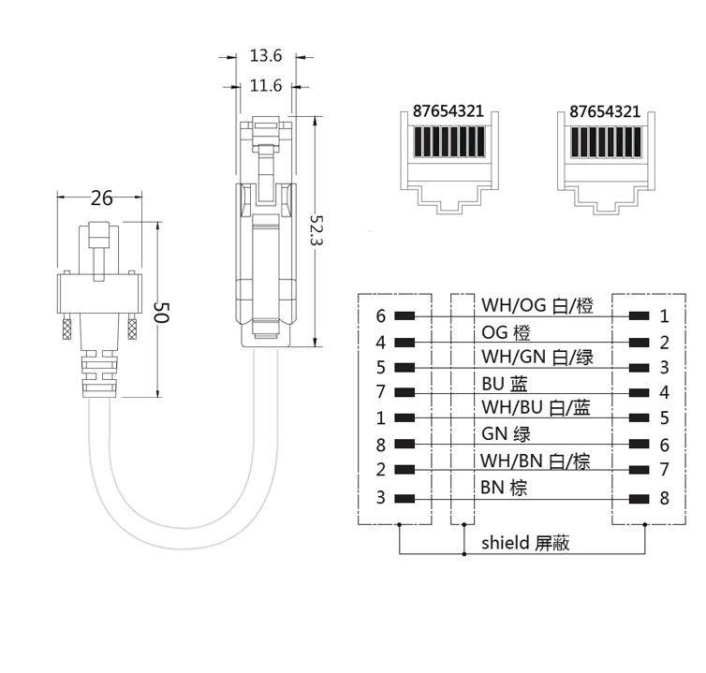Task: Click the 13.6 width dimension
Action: [x=266, y=56]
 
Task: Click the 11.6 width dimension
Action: [x=266, y=86]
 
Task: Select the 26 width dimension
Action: [x=100, y=198]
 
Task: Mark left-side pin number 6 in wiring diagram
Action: [x=381, y=316]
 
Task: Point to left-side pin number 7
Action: [x=381, y=393]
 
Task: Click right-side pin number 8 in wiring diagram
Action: [x=664, y=498]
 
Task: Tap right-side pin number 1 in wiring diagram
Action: [x=664, y=316]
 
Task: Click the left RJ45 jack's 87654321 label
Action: [x=449, y=110]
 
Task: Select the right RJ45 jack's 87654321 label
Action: [x=605, y=110]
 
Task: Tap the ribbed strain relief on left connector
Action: [x=98, y=375]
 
